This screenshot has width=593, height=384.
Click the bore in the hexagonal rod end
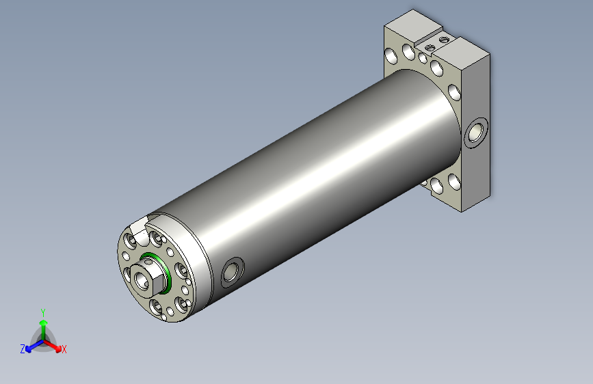coord(142,281)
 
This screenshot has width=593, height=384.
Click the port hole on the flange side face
coord(476,133)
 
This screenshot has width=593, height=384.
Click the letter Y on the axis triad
coord(43,313)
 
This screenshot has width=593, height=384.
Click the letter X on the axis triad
coord(64,350)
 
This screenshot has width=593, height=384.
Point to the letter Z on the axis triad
coord(23,349)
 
